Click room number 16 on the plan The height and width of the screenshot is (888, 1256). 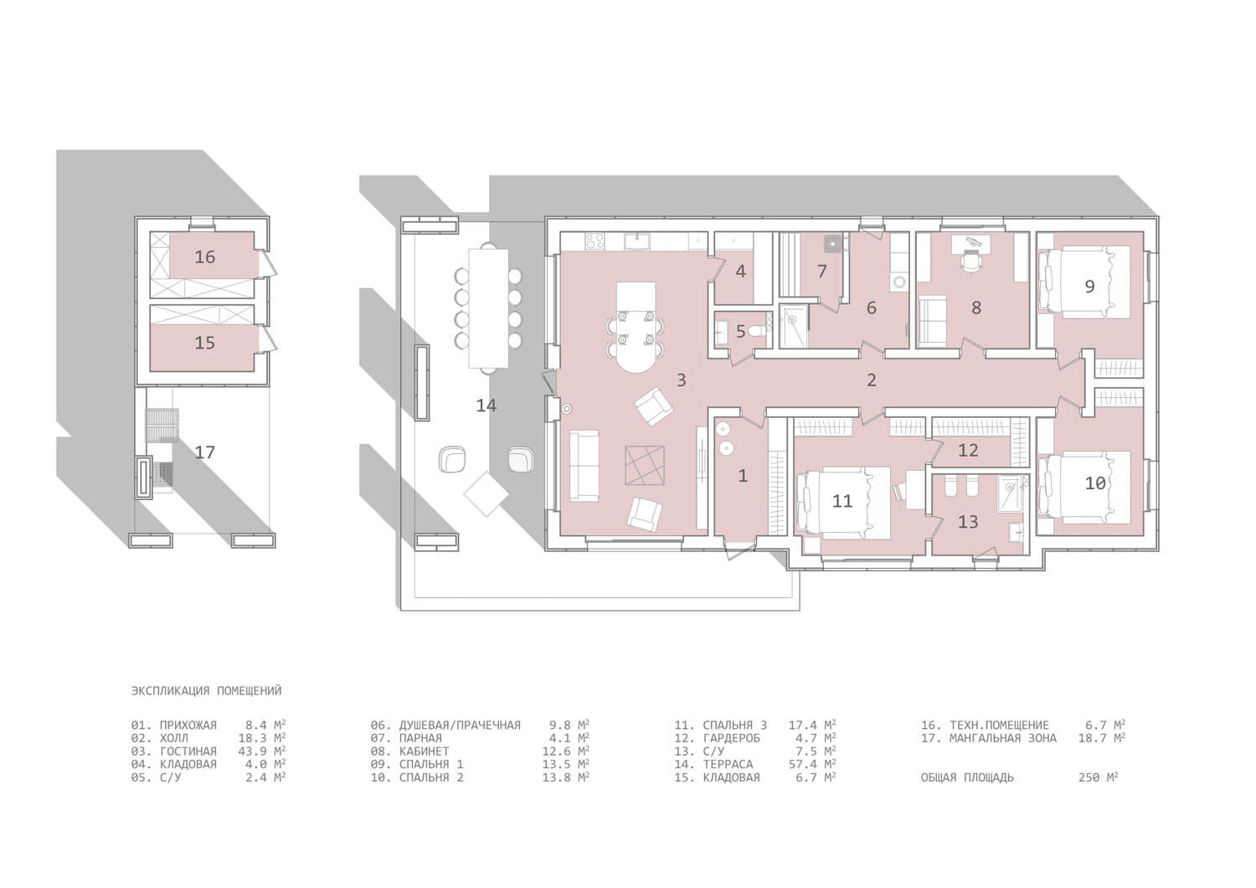(204, 257)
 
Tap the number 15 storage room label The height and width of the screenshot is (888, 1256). (204, 343)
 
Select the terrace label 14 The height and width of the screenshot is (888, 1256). (486, 405)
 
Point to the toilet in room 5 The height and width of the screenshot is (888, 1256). (759, 331)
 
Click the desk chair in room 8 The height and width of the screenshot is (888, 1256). (970, 261)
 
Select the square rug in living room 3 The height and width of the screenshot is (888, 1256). (644, 465)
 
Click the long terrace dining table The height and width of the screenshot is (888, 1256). (488, 308)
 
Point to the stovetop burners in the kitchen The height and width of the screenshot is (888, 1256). (595, 241)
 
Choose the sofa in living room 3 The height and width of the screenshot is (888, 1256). (584, 466)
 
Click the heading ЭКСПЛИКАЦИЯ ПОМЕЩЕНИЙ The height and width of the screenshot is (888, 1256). (206, 690)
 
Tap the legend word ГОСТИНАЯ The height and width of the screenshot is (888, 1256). (188, 751)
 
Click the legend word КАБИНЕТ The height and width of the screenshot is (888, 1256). (424, 751)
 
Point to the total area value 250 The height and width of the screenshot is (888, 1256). (1089, 777)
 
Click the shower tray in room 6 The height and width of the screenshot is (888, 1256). (794, 325)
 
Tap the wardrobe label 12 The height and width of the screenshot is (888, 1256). (968, 450)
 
